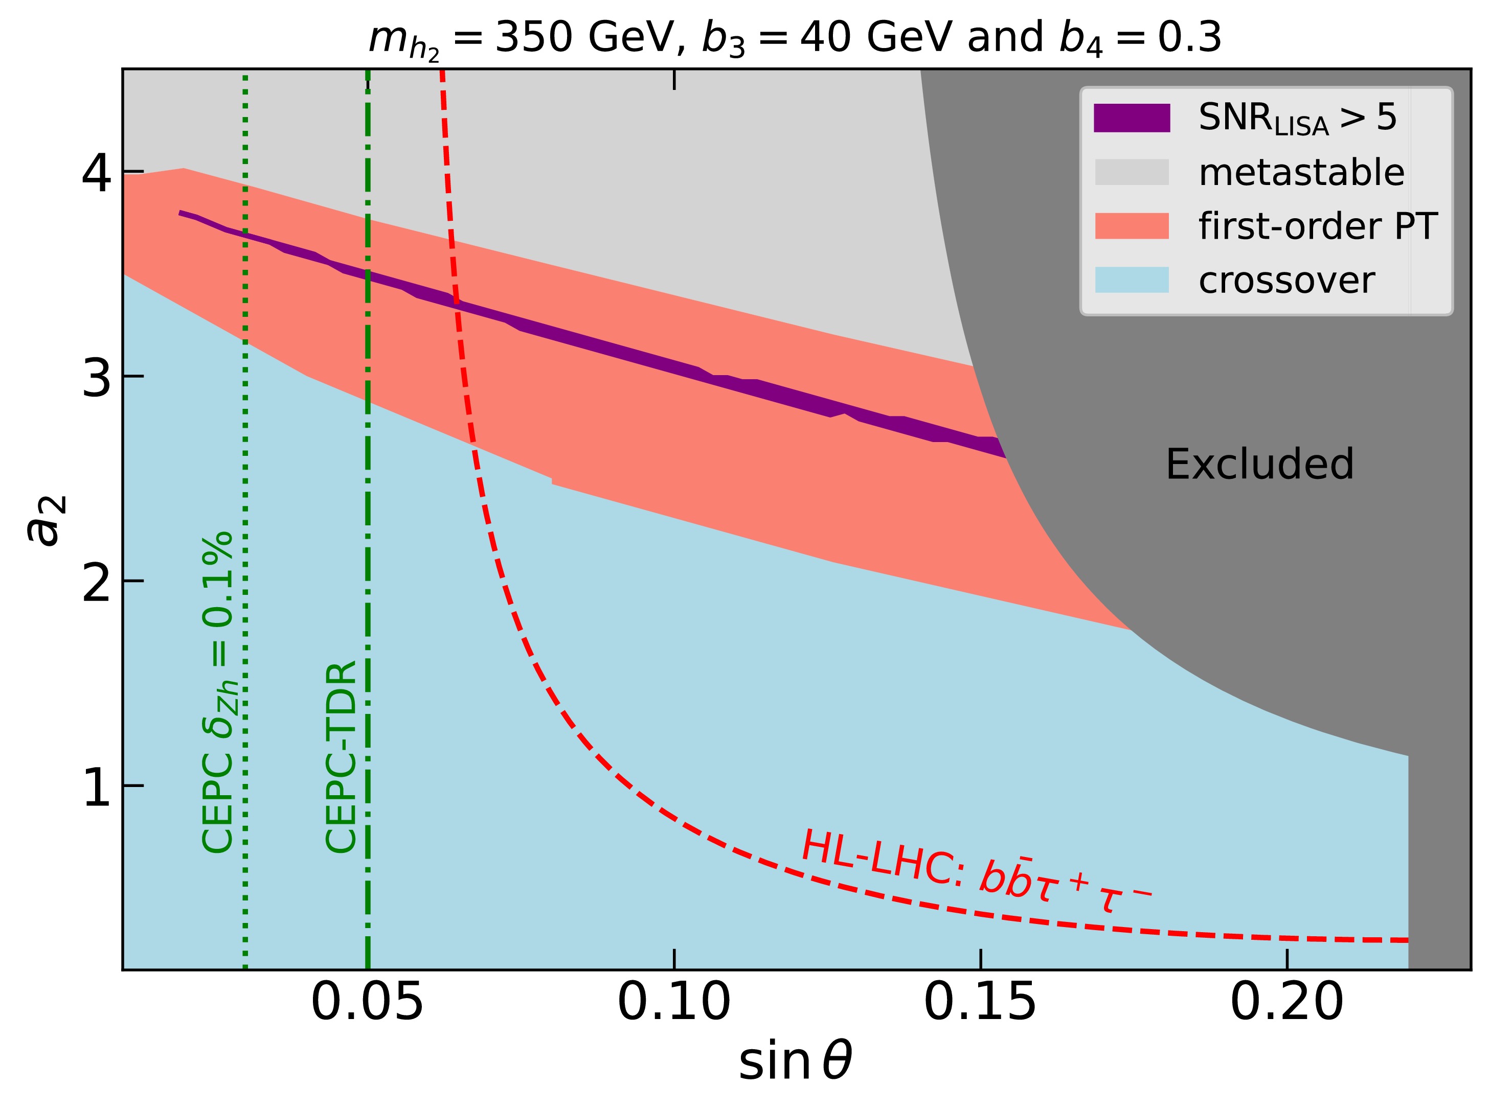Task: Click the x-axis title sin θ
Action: pyautogui.click(x=796, y=1063)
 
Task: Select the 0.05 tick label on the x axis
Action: pyautogui.click(x=367, y=1005)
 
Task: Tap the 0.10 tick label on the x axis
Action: pyautogui.click(x=674, y=1005)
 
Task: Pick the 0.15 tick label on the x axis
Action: pyautogui.click(x=981, y=1005)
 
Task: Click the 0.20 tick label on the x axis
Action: pyautogui.click(x=1286, y=1005)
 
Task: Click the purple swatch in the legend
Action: pyautogui.click(x=1132, y=118)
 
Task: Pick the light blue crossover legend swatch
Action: pyautogui.click(x=1132, y=280)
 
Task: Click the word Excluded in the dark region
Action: pyautogui.click(x=1259, y=465)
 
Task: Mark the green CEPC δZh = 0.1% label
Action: pyautogui.click(x=218, y=692)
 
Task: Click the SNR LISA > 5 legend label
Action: pyautogui.click(x=1298, y=119)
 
